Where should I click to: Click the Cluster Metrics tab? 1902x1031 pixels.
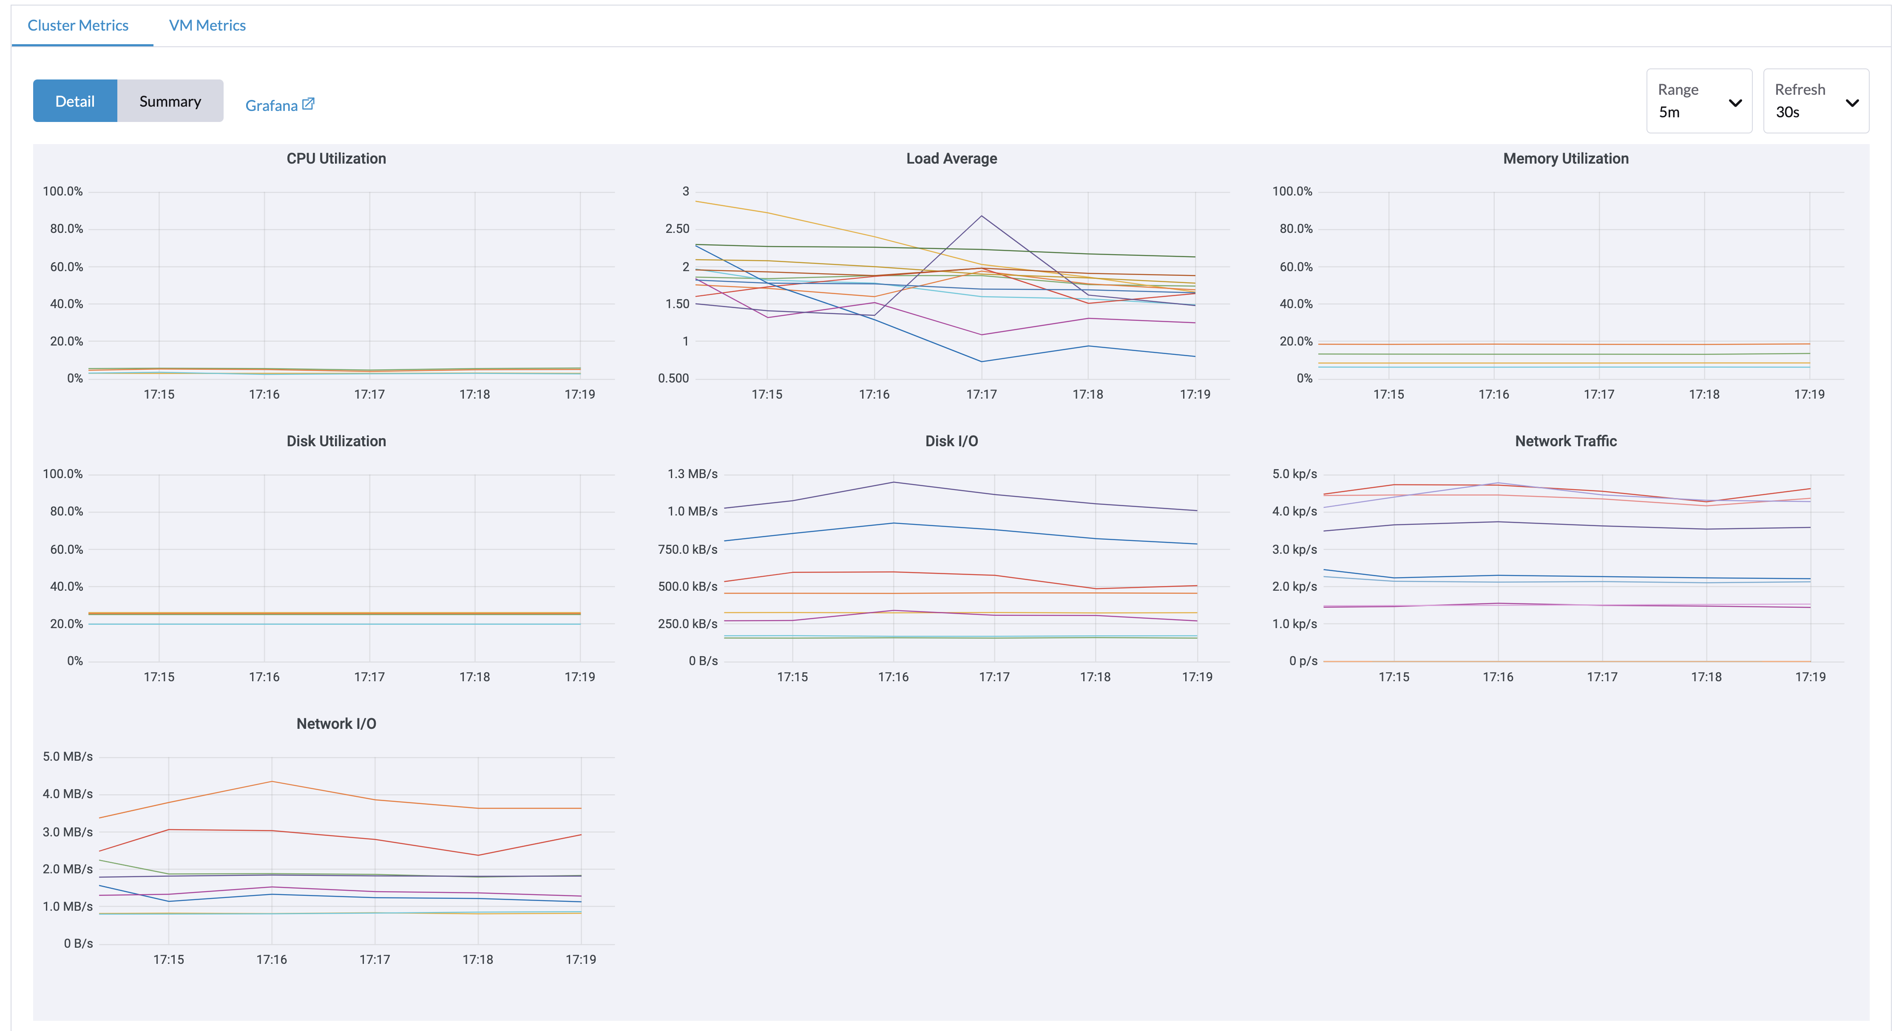coord(77,25)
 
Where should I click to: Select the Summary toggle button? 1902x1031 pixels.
coord(170,101)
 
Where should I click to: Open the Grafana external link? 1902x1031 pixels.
coord(279,105)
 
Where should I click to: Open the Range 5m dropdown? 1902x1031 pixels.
coord(1698,101)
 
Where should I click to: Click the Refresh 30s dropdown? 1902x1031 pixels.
coord(1815,101)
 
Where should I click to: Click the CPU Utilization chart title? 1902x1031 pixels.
coord(336,159)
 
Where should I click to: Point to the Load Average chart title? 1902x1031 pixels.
coord(951,159)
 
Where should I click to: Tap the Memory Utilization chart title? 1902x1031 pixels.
coord(1565,159)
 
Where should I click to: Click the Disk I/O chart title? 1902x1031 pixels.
coord(951,441)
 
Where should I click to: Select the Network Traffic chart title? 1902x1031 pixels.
coord(1565,441)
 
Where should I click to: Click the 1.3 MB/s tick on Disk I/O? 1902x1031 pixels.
coord(692,474)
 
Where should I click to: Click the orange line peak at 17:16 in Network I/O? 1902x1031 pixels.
coord(272,782)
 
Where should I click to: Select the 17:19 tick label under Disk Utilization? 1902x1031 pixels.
coord(579,677)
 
